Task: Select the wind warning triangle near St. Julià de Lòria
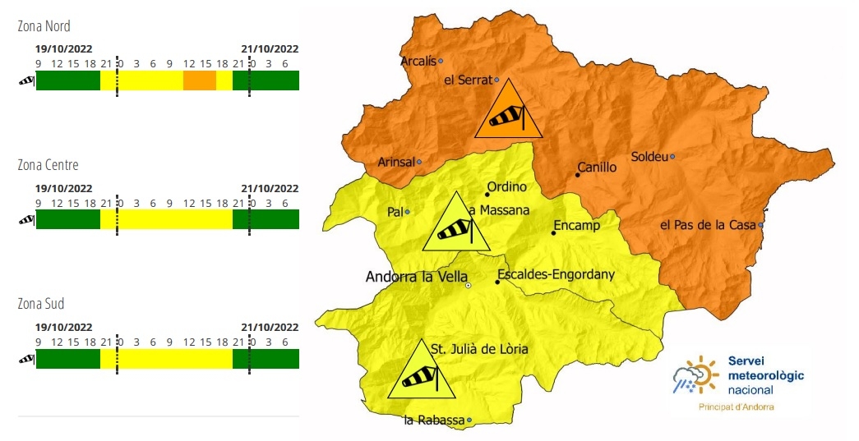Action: pos(423,374)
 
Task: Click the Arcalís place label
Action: pos(418,61)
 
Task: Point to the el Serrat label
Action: pos(467,80)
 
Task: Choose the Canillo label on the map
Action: pos(597,168)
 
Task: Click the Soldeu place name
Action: pos(649,156)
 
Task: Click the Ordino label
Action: pos(506,187)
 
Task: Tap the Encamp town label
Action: pos(576,225)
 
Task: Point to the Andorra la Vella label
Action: pos(416,277)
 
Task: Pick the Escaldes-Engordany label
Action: pos(557,274)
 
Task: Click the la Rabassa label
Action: pos(433,420)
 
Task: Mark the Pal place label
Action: pos(394,212)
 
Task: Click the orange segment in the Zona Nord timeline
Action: pos(199,80)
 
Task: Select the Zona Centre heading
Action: pos(48,165)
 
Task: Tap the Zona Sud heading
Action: pos(40,304)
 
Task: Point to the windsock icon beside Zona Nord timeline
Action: pos(26,80)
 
